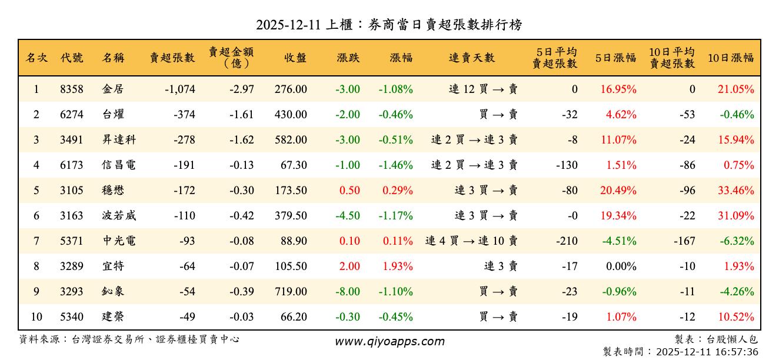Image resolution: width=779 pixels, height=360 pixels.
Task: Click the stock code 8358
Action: tap(72, 89)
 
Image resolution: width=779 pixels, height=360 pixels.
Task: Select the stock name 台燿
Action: tap(113, 115)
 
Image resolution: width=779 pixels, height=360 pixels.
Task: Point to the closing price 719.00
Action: tap(291, 291)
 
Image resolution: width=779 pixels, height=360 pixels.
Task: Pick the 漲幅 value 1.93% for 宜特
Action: tap(398, 266)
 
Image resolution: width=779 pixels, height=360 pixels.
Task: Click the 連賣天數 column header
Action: tap(472, 58)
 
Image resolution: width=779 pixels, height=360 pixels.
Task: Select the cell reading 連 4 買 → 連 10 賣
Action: tap(471, 241)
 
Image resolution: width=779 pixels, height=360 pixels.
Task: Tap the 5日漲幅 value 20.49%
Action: tap(618, 191)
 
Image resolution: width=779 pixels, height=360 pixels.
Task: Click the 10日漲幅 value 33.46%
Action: tap(735, 191)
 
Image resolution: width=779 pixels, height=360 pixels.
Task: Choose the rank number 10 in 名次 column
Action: tap(36, 316)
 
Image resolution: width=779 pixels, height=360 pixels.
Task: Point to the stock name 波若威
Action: tap(119, 216)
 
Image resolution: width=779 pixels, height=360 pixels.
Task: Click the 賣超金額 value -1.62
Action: tap(242, 140)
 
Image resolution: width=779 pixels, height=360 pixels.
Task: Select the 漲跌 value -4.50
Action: tap(348, 216)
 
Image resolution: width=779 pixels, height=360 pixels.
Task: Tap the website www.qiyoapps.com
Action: tap(389, 341)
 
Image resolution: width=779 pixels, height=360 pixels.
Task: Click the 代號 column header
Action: tap(72, 58)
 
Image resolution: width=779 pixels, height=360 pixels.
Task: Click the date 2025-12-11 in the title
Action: tap(289, 25)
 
